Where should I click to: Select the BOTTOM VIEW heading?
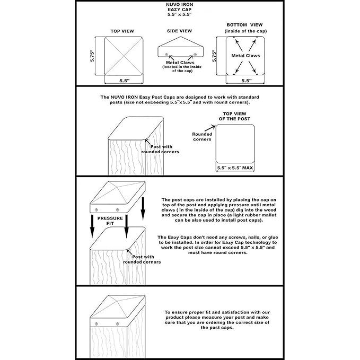[x=245, y=25]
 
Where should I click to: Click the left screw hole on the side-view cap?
[x=166, y=55]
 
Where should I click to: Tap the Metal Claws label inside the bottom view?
[x=245, y=55]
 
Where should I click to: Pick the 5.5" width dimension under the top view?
[x=124, y=81]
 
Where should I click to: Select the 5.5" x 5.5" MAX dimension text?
[x=236, y=168]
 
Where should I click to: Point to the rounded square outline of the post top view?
[x=236, y=143]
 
